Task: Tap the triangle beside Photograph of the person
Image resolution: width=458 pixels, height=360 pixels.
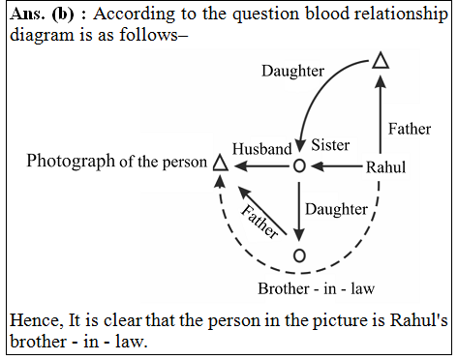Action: tap(220, 165)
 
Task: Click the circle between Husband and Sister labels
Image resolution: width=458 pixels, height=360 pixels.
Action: tap(299, 166)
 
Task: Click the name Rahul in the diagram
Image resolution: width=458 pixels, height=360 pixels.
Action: tap(387, 166)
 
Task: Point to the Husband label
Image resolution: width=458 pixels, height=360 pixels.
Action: tap(261, 150)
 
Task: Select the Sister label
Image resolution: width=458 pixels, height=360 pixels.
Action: tap(330, 144)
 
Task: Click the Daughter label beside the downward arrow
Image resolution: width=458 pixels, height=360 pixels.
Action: tap(337, 208)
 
